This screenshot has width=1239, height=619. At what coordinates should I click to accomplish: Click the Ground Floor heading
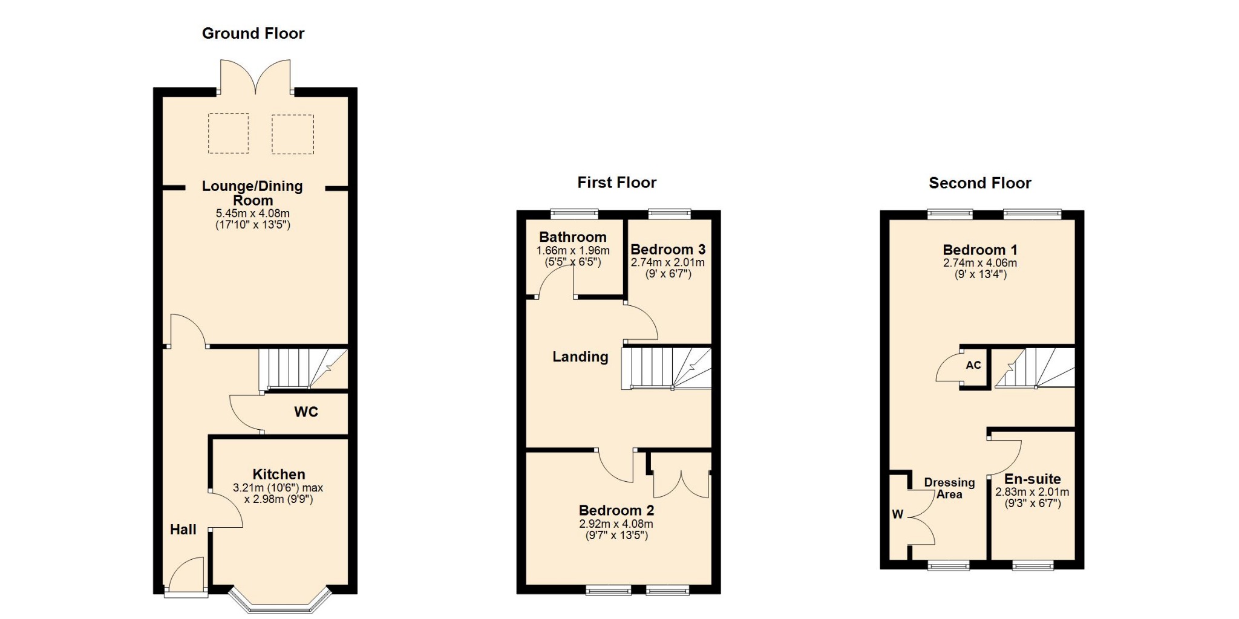click(253, 33)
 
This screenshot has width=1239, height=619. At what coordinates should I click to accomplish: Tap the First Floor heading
click(616, 183)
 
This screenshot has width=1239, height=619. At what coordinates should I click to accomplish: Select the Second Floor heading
click(979, 183)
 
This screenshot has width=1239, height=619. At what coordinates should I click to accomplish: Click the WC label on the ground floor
click(306, 412)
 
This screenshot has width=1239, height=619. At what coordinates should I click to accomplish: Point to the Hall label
click(183, 530)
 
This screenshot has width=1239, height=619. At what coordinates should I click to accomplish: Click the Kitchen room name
click(279, 475)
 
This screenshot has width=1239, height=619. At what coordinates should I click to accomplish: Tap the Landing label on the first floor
click(580, 357)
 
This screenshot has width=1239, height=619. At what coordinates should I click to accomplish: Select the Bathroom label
click(572, 237)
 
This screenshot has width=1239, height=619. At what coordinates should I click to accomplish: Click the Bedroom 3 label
click(668, 250)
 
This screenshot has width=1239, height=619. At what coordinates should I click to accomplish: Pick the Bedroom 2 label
click(616, 511)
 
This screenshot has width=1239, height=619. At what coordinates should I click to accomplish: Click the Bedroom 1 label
click(980, 250)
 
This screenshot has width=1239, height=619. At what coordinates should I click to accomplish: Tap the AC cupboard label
click(973, 365)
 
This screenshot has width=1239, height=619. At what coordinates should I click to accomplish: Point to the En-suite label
click(1033, 479)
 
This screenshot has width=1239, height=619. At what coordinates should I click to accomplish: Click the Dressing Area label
click(949, 488)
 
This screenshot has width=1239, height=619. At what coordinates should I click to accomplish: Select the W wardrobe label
click(897, 514)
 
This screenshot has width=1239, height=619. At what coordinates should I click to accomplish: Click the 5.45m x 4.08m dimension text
click(253, 213)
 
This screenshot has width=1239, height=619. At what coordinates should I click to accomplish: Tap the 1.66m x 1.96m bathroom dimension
click(573, 250)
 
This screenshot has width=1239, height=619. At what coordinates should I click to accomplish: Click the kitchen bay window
click(280, 601)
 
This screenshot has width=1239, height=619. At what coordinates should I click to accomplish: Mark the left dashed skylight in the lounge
click(229, 133)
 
